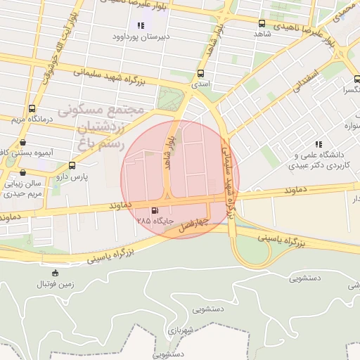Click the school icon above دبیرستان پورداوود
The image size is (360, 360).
click(141, 25)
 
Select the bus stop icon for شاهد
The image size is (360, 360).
click(262, 23)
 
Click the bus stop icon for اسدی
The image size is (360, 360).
click(201, 73)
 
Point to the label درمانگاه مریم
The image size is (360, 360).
click(31, 119)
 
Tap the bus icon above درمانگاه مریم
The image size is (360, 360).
click(32, 108)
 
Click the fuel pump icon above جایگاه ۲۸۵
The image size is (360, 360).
click(155, 210)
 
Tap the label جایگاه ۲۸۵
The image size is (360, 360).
click(155, 220)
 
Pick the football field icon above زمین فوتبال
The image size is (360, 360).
click(56, 273)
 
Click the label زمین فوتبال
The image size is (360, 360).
click(56, 284)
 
